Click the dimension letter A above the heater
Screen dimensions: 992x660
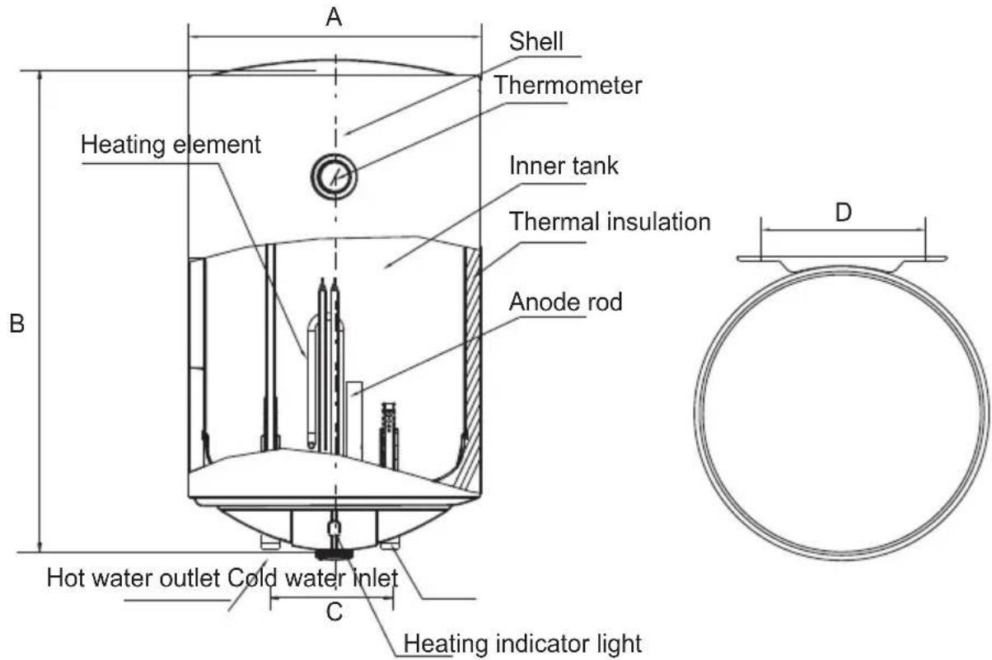pyautogui.click(x=334, y=17)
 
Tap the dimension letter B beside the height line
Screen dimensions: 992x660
pyautogui.click(x=16, y=323)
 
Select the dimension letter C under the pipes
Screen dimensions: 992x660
pyautogui.click(x=335, y=612)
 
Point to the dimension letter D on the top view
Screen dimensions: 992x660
pyautogui.click(x=843, y=213)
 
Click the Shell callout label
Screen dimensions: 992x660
pyautogui.click(x=536, y=42)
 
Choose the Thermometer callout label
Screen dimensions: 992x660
pyautogui.click(x=568, y=85)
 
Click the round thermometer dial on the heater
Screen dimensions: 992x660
pyautogui.click(x=334, y=176)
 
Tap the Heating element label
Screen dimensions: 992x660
pyautogui.click(x=171, y=144)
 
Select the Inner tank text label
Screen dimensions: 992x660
pyautogui.click(x=564, y=166)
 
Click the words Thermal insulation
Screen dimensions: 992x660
pyautogui.click(x=610, y=222)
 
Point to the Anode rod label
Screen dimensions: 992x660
pyautogui.click(x=565, y=302)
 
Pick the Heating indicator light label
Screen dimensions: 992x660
pyautogui.click(x=522, y=644)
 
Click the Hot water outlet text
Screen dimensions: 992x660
pyautogui.click(x=133, y=578)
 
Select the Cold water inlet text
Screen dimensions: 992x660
pyautogui.click(x=312, y=578)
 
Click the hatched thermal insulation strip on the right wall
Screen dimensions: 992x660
pyautogui.click(x=473, y=367)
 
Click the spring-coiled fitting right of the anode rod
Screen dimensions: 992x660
pyautogui.click(x=389, y=437)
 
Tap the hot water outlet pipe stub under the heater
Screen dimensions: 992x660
pyautogui.click(x=270, y=543)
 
